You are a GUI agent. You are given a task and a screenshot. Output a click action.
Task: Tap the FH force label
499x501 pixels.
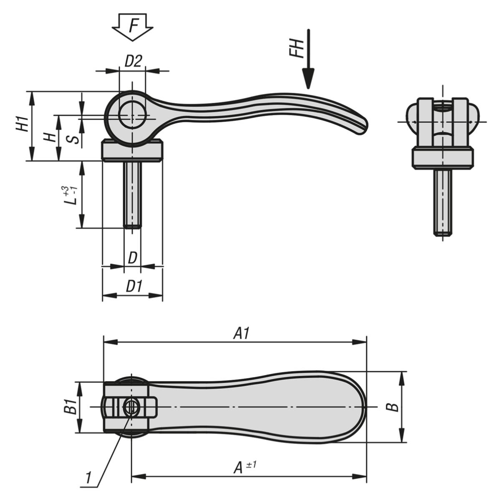296,48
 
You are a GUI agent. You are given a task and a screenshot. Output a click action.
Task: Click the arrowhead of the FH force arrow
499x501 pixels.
308,79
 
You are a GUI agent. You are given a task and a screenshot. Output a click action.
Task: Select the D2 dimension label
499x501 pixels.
134,61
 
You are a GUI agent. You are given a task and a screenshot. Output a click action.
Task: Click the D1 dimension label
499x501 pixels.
134,287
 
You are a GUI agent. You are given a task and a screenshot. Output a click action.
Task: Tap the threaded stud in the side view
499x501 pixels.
133,195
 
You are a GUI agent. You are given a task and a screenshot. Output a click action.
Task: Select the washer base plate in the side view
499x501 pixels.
132,150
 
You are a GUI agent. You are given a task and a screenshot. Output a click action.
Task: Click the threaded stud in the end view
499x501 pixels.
443,202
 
